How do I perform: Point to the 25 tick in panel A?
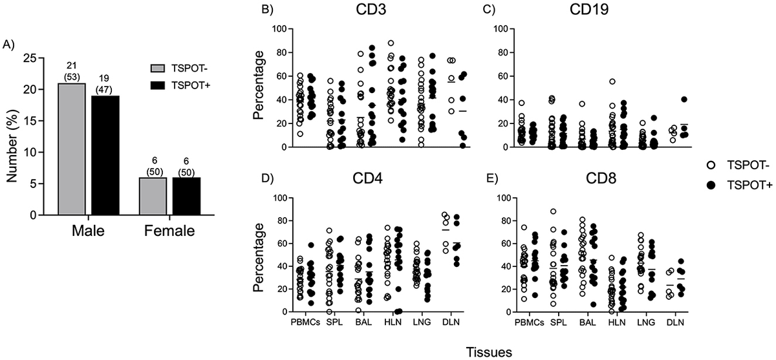coord(30,58)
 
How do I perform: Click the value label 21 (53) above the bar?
coord(72,74)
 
